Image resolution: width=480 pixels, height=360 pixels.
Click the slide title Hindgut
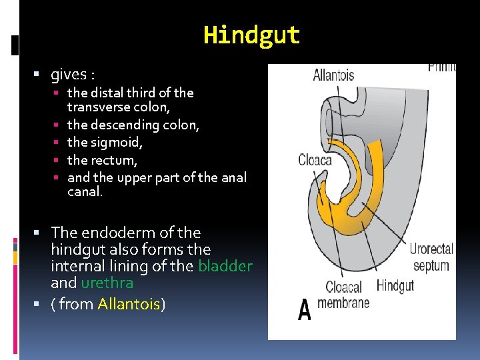tap(251, 35)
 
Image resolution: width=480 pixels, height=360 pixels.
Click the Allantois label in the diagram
tap(333, 75)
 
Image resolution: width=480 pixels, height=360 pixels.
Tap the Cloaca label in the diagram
tap(315, 160)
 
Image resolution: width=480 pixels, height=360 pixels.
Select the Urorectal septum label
tap(431, 257)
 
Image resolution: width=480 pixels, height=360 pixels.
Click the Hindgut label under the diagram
tap(395, 285)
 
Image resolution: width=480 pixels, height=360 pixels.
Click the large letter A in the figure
tap(305, 310)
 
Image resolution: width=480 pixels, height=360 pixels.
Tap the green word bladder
tap(225, 267)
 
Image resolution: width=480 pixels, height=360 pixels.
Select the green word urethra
tap(107, 283)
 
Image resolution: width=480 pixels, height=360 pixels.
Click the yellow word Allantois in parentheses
tap(129, 305)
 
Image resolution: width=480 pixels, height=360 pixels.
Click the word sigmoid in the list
tap(115, 142)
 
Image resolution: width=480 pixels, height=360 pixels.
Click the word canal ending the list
tap(85, 192)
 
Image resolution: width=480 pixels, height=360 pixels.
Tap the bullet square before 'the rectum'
tap(59, 160)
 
